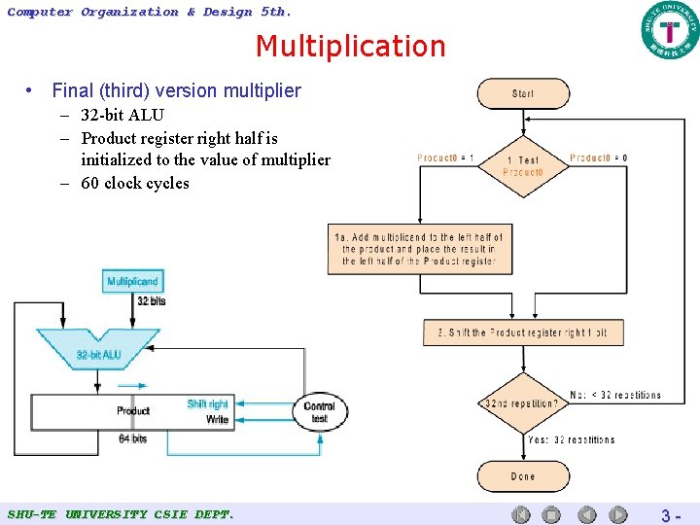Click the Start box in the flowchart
coord(522,93)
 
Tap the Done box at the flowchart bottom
coord(522,476)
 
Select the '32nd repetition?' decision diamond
coord(521,403)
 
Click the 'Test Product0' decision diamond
coord(522,166)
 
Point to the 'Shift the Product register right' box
coord(522,332)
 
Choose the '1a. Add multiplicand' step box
coord(419,249)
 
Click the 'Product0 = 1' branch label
coord(445,157)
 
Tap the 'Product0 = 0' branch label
coord(598,157)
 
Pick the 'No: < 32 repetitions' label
coord(615,396)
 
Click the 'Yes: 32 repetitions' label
coord(571,439)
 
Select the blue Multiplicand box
coord(132,282)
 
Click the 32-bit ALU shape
coord(98,351)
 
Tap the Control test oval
coord(319,412)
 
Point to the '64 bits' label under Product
coord(132,438)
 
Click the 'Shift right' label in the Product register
coord(207,403)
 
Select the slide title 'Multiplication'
coord(350,46)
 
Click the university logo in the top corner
coord(669,30)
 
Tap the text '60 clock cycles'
coord(135,183)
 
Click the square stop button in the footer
coord(551,515)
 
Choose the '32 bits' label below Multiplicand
coord(151,301)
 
